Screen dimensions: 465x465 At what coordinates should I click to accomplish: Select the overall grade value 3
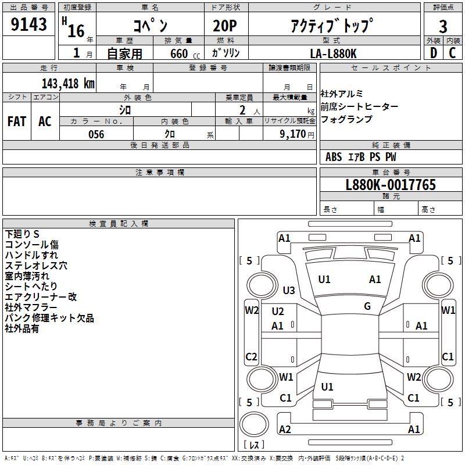(443, 26)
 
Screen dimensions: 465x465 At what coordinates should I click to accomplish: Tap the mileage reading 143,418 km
(68, 83)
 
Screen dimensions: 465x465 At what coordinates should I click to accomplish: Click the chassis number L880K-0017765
(390, 185)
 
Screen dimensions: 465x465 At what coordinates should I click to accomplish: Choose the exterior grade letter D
(433, 53)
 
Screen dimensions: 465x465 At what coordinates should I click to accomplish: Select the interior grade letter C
(452, 53)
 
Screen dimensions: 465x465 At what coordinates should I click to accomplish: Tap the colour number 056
(96, 134)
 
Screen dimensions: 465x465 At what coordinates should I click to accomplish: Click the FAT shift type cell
(16, 121)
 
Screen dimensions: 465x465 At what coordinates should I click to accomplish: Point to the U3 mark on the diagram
(289, 290)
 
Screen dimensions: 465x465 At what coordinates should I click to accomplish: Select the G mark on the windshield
(367, 306)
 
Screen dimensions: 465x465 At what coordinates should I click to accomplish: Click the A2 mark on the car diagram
(285, 429)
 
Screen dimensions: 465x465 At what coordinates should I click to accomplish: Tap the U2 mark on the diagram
(278, 312)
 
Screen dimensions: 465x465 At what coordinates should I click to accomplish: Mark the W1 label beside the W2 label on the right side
(448, 310)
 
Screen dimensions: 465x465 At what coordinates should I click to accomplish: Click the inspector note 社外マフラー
(31, 307)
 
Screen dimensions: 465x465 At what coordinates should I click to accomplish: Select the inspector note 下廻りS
(22, 234)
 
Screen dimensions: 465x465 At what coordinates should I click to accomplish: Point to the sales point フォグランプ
(346, 119)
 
